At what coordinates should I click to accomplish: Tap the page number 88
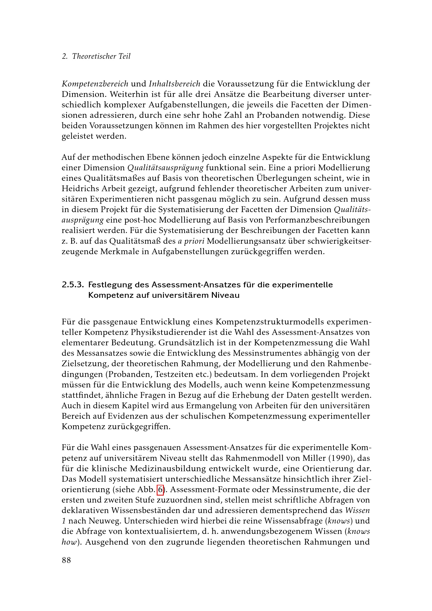pyautogui.click(x=67, y=560)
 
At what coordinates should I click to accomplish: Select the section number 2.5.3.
pyautogui.click(x=73, y=285)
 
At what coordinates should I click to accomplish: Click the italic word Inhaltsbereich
pyautogui.click(x=174, y=84)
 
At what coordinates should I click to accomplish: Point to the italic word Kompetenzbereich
pyautogui.click(x=95, y=84)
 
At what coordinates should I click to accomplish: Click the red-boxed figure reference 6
pyautogui.click(x=160, y=489)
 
